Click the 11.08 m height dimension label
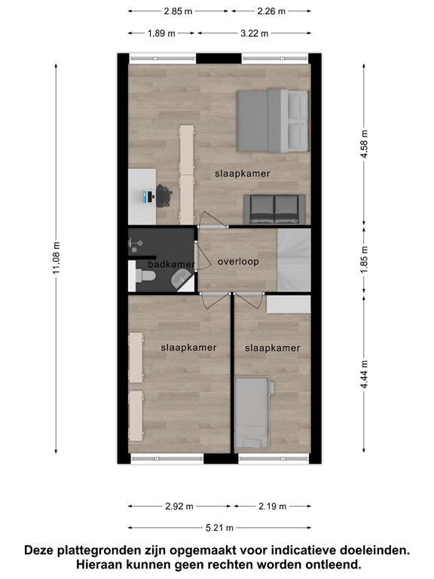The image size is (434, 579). (56, 258)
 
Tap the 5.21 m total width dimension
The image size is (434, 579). (219, 528)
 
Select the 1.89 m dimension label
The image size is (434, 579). (161, 34)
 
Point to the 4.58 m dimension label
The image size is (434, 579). (364, 144)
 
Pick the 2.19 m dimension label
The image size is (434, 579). (272, 507)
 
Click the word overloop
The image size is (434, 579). (238, 262)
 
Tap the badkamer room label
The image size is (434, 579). (171, 265)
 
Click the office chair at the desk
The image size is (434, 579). (164, 196)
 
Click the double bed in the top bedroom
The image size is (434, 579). (272, 121)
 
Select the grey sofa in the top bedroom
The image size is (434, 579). (274, 210)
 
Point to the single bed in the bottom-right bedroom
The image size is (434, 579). (254, 412)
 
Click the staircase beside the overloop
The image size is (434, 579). (294, 260)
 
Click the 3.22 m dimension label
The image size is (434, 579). (254, 34)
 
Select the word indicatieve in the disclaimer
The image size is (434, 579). (303, 550)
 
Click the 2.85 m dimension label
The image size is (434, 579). (178, 11)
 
